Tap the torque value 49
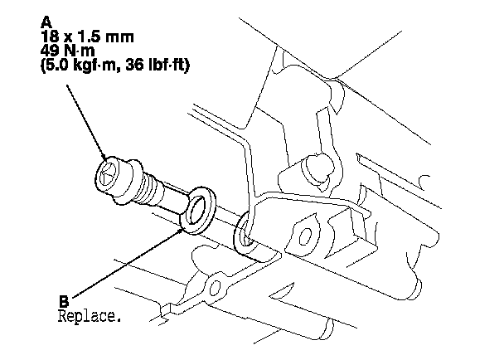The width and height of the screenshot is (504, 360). pyautogui.click(x=49, y=52)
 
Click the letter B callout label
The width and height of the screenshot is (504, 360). pyautogui.click(x=64, y=302)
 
